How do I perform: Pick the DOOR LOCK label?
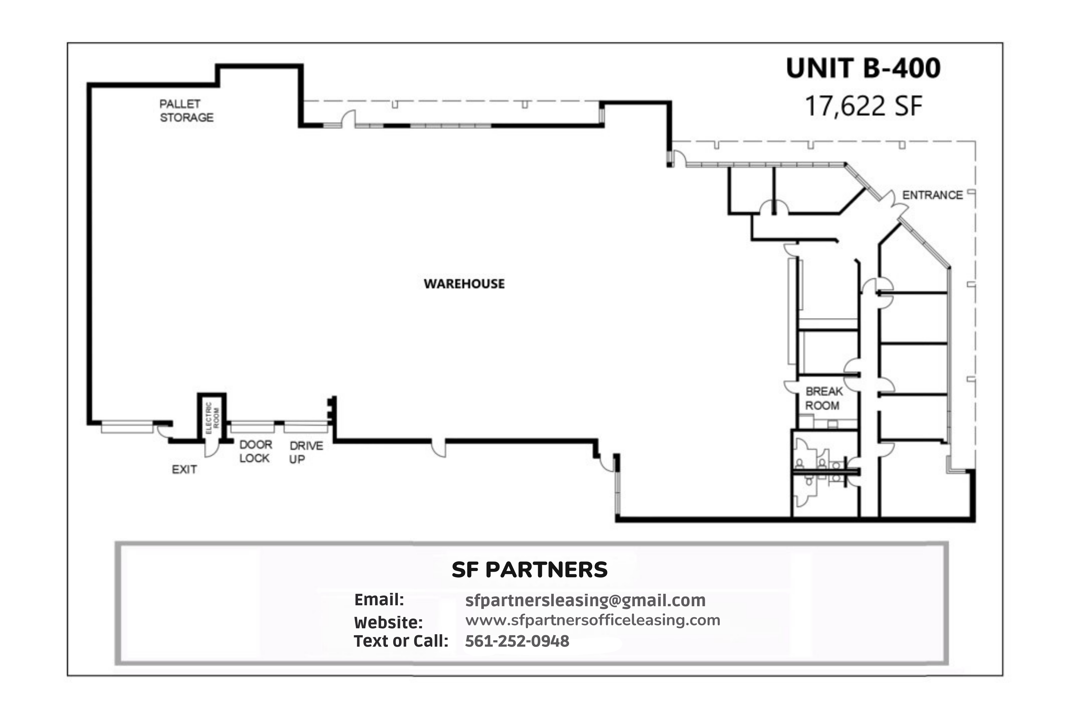click(x=255, y=451)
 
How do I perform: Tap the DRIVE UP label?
click(x=306, y=452)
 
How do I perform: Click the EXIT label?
click(x=184, y=470)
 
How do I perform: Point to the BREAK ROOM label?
click(x=824, y=398)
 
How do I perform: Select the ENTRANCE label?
click(x=933, y=195)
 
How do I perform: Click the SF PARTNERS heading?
click(x=529, y=570)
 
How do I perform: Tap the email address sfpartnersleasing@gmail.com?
click(x=585, y=600)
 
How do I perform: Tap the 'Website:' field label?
click(x=389, y=622)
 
